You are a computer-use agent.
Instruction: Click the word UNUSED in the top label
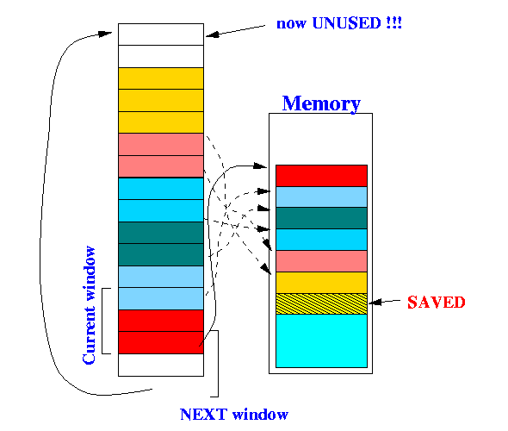(x=346, y=23)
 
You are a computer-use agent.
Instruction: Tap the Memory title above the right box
(x=321, y=103)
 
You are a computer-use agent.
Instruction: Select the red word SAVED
(x=436, y=303)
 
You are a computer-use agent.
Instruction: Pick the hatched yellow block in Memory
(x=321, y=304)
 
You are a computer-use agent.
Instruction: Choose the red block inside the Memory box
(x=321, y=176)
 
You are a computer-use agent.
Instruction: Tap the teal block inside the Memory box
(x=321, y=218)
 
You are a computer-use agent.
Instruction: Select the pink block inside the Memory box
(x=321, y=261)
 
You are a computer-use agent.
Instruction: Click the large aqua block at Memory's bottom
(x=321, y=340)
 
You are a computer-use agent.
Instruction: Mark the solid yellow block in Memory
(x=321, y=283)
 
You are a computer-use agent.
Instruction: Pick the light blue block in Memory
(x=321, y=197)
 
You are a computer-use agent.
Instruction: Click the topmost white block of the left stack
(x=161, y=34)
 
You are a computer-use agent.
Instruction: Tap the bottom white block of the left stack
(x=161, y=365)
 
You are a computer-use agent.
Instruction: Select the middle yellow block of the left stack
(x=161, y=100)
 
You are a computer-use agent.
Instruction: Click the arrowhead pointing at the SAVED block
(x=375, y=303)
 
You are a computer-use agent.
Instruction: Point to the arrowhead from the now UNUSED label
(x=212, y=34)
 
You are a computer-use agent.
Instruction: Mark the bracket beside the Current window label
(x=102, y=321)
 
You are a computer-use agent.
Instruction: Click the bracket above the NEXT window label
(x=218, y=363)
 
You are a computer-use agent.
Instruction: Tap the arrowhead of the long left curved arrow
(x=106, y=34)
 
